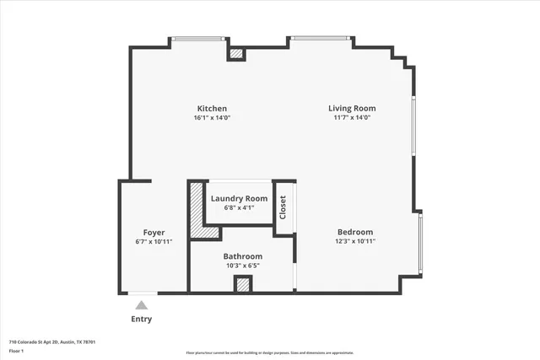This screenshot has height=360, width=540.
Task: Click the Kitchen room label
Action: (212, 109)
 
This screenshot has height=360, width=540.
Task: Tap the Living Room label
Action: (352, 109)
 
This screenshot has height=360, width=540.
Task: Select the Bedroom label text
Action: (355, 232)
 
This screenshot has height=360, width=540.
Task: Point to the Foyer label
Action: (154, 233)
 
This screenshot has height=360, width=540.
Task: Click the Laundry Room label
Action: (239, 199)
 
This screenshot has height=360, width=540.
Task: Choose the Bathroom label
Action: (243, 256)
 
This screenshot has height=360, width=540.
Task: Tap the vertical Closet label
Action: (284, 207)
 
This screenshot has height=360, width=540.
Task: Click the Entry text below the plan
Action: (142, 320)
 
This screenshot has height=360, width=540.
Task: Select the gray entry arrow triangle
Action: (142, 305)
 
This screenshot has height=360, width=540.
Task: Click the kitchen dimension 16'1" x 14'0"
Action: (212, 118)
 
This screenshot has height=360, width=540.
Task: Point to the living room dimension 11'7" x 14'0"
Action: (352, 118)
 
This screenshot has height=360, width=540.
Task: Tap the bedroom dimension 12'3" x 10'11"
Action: (355, 241)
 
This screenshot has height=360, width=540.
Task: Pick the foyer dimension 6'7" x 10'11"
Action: (154, 242)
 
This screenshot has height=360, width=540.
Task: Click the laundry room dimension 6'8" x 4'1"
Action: (239, 207)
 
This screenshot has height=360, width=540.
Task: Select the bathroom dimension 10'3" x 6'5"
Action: (243, 266)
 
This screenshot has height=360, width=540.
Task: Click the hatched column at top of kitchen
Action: (237, 54)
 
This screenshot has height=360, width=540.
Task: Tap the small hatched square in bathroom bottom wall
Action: (243, 284)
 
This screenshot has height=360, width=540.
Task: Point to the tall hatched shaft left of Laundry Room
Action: (197, 210)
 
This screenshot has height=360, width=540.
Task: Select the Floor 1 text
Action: (15, 351)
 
